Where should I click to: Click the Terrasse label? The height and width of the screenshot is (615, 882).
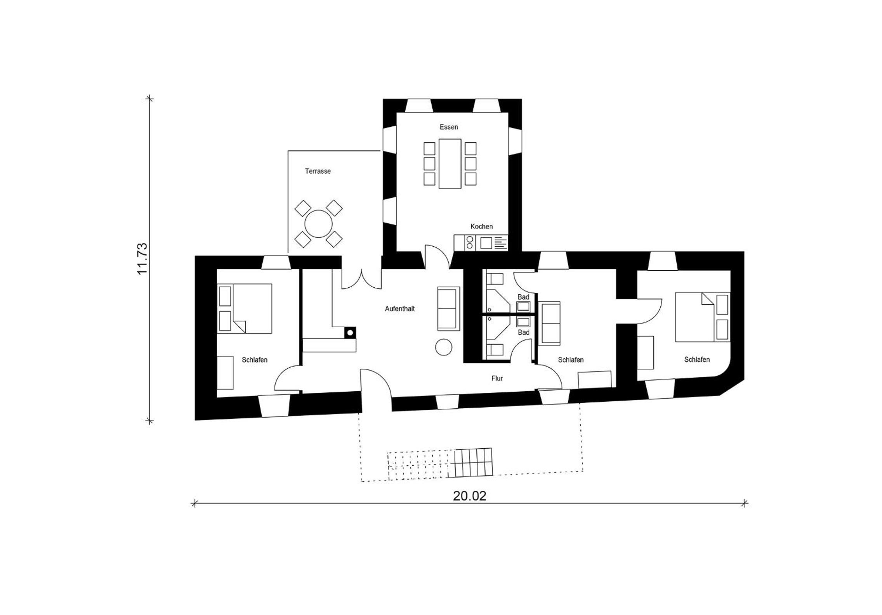click(318, 171)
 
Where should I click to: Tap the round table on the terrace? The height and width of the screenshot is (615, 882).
click(318, 224)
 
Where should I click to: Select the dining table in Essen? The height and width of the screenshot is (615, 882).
click(450, 164)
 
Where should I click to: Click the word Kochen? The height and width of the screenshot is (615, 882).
click(481, 226)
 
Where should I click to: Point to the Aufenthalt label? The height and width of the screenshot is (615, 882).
click(400, 309)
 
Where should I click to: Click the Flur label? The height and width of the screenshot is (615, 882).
click(497, 378)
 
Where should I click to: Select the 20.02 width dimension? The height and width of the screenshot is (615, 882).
click(469, 496)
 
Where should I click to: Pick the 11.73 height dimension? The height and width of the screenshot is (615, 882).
click(142, 258)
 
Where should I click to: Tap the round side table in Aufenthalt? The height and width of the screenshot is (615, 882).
click(444, 347)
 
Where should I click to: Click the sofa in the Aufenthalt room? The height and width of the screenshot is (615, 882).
click(449, 309)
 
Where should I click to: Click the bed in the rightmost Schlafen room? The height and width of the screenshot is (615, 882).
click(703, 317)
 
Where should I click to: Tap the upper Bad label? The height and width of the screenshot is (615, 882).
click(523, 297)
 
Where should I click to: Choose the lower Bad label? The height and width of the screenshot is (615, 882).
click(523, 332)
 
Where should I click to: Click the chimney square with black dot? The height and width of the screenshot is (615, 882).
click(350, 332)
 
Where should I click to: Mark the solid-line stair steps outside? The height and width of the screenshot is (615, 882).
click(471, 462)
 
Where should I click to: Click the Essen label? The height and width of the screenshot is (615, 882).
click(449, 127)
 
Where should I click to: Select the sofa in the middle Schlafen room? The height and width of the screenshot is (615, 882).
click(551, 323)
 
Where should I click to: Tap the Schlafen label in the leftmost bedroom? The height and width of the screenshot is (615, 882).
click(255, 360)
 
